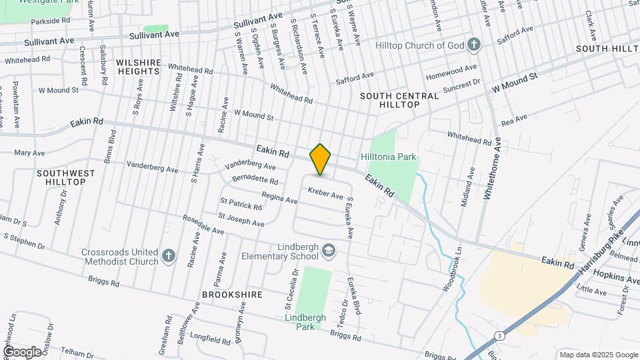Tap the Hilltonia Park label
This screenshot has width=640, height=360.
click(x=389, y=157)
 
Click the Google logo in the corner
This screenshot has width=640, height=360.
click(x=21, y=351)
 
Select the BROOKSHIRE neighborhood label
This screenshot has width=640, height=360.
click(x=229, y=293)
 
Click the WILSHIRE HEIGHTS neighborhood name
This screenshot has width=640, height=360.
click(x=139, y=67)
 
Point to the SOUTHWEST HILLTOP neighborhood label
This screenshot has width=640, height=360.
click(x=66, y=177)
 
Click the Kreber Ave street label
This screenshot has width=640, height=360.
click(x=325, y=193)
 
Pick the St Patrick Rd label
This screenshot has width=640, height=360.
click(x=241, y=203)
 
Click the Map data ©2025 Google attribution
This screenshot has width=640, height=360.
click(x=598, y=355)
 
